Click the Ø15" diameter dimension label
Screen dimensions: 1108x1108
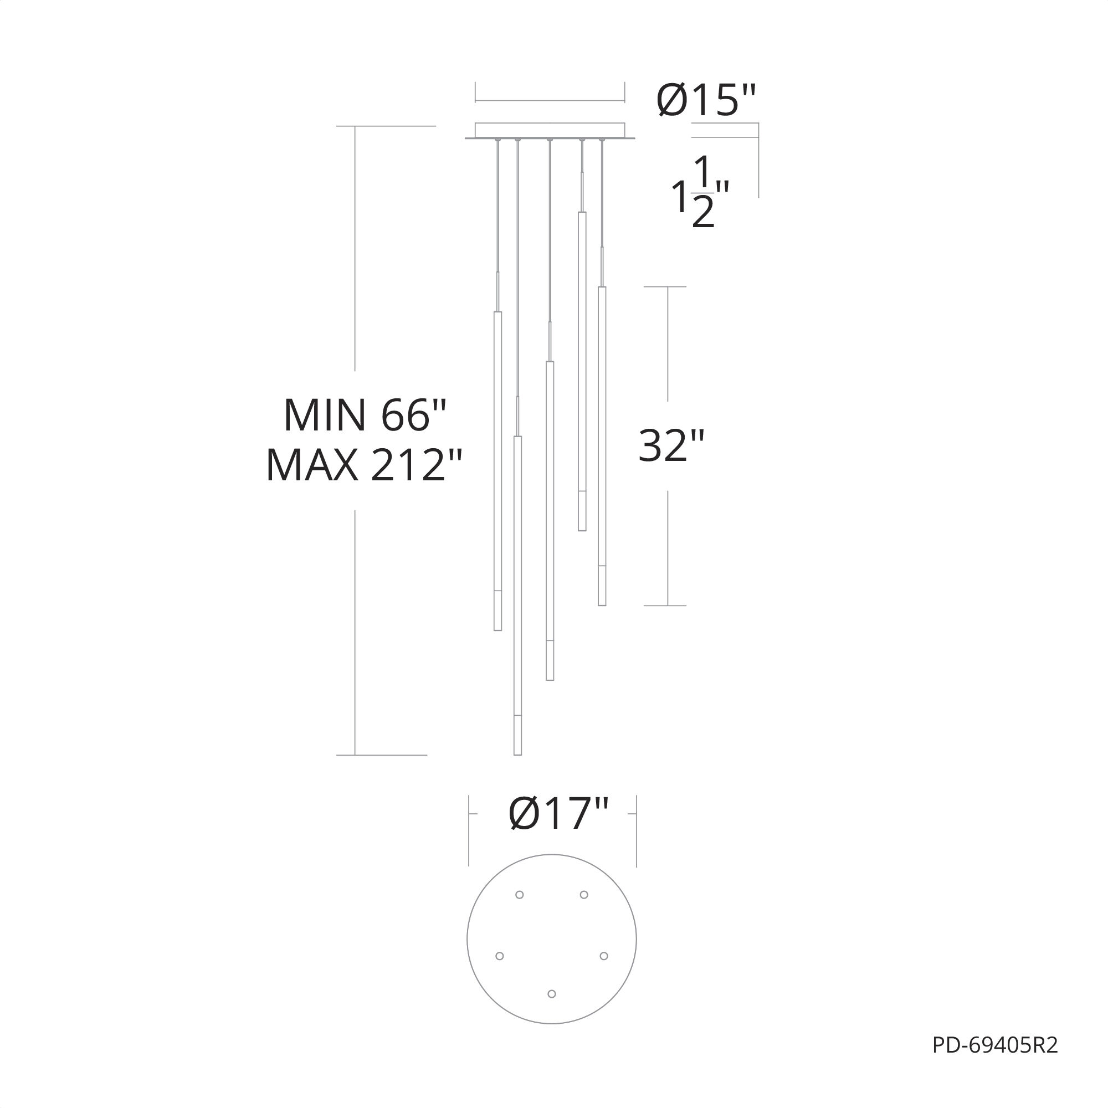click(x=706, y=100)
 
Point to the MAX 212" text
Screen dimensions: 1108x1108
click(x=364, y=465)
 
